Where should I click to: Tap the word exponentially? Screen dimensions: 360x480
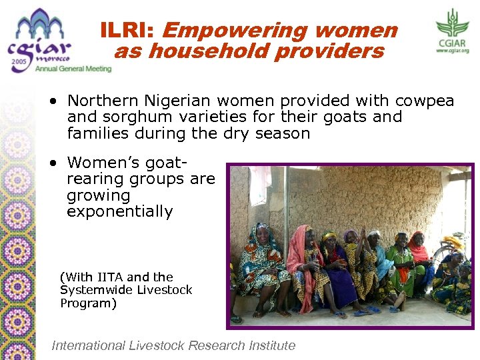120,212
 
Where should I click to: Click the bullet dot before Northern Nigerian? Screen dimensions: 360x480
52,102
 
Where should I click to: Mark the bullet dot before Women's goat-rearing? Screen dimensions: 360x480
52,163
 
